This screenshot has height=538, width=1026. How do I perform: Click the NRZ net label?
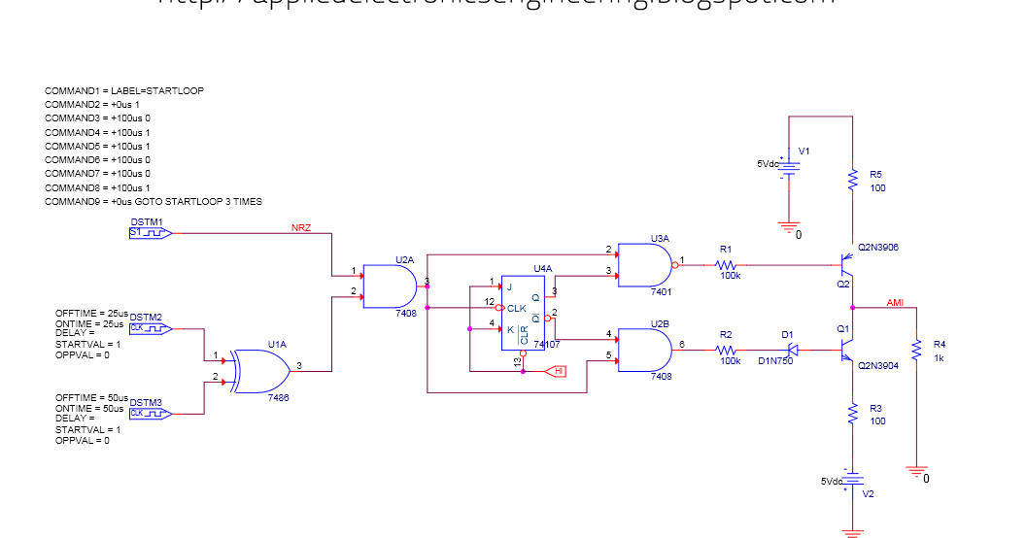point(301,228)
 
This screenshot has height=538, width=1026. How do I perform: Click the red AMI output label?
point(895,303)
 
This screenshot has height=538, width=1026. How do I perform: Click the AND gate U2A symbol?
point(390,286)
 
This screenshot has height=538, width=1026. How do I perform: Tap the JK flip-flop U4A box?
point(523,310)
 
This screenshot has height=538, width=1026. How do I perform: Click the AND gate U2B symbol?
point(643,349)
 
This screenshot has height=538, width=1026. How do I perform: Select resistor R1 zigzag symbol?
point(728,263)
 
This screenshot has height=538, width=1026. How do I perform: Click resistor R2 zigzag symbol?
point(727,349)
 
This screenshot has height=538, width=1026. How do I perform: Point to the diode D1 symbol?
point(792,349)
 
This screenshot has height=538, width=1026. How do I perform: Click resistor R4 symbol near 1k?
point(915,349)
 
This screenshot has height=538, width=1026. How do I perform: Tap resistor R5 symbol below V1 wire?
point(852,181)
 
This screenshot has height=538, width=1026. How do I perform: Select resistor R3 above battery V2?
point(852,415)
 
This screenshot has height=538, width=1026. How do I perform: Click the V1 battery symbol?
point(790,166)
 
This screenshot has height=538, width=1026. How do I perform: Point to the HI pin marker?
point(555,371)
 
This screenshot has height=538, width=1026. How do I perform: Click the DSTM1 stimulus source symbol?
point(151,233)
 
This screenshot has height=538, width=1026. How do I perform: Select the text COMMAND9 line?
point(154,202)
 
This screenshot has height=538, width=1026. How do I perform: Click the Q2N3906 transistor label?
point(878,248)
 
